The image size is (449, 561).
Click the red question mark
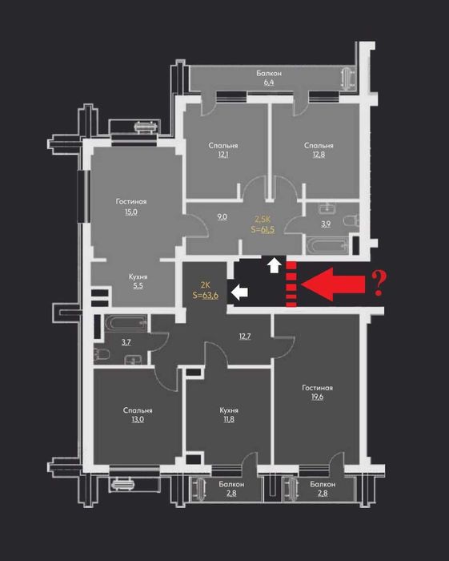(x=380, y=282)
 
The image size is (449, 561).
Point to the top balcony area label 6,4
(x=269, y=82)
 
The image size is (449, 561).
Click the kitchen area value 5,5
(x=138, y=285)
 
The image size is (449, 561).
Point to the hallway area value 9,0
(x=222, y=216)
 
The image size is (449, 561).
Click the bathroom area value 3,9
(x=326, y=224)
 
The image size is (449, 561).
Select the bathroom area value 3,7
(x=126, y=343)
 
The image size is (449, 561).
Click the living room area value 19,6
(x=317, y=398)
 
